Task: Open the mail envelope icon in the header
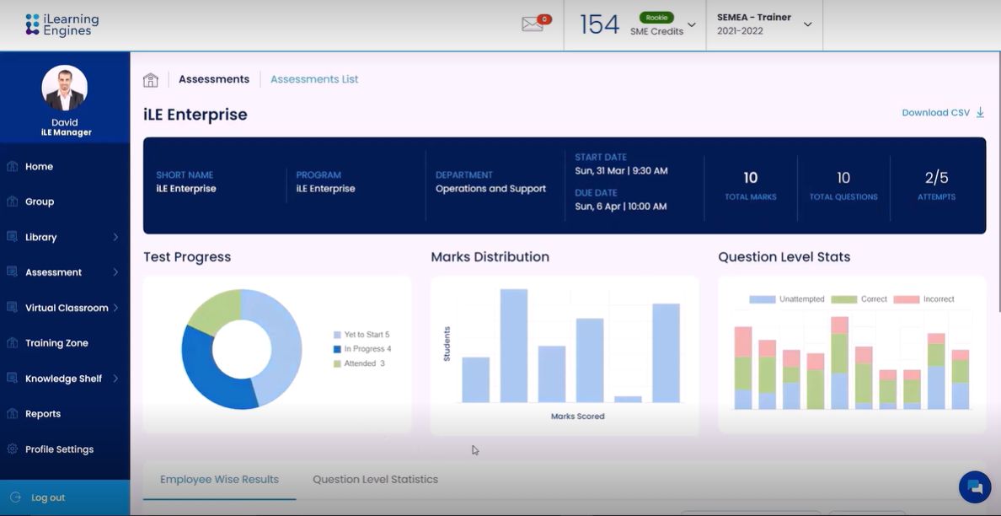pos(533,24)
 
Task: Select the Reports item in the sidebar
pos(43,414)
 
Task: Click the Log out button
pos(48,497)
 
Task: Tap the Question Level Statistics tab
pos(375,480)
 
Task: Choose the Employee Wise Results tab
pos(219,480)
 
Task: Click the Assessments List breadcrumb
pos(314,79)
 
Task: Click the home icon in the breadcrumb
pos(151,80)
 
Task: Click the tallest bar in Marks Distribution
pos(514,346)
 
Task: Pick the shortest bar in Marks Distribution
pos(628,399)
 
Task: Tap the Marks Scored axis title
pos(577,417)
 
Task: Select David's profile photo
pos(65,88)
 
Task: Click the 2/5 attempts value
pos(936,178)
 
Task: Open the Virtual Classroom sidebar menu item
pos(66,308)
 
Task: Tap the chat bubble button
pos(975,486)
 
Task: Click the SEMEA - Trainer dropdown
pos(763,24)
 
